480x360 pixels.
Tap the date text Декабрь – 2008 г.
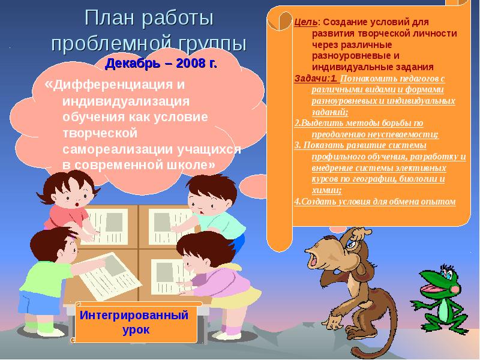tap(161, 62)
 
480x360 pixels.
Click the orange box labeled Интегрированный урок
tap(134, 322)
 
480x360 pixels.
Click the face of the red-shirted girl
tap(74, 197)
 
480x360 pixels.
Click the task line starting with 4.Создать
tap(374, 202)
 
